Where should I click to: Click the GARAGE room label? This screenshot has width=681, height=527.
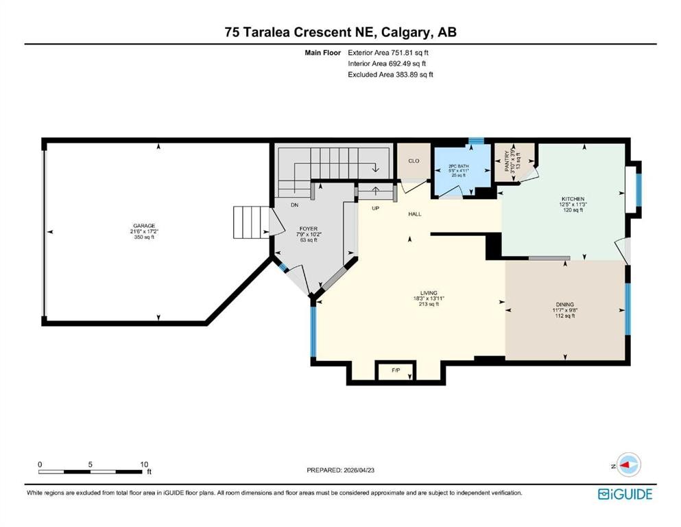[x=143, y=226]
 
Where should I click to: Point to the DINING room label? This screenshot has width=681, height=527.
[x=565, y=305]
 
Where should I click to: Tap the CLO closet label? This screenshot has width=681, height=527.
[x=414, y=161]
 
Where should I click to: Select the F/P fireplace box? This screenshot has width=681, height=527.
[x=396, y=371]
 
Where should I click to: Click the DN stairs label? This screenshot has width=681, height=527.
[x=294, y=205]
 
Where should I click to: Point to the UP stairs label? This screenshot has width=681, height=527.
[x=375, y=208]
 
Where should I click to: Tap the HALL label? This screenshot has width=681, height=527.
[x=414, y=214]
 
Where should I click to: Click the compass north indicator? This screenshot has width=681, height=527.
[x=628, y=465]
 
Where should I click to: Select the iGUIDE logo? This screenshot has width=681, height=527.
[x=624, y=494]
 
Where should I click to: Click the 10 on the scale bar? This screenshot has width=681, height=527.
[x=144, y=465]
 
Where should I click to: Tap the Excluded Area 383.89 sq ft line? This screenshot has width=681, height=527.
[x=390, y=75]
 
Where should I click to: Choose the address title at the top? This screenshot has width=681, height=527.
[x=340, y=32]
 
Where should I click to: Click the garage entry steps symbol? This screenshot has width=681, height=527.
[x=248, y=222]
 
